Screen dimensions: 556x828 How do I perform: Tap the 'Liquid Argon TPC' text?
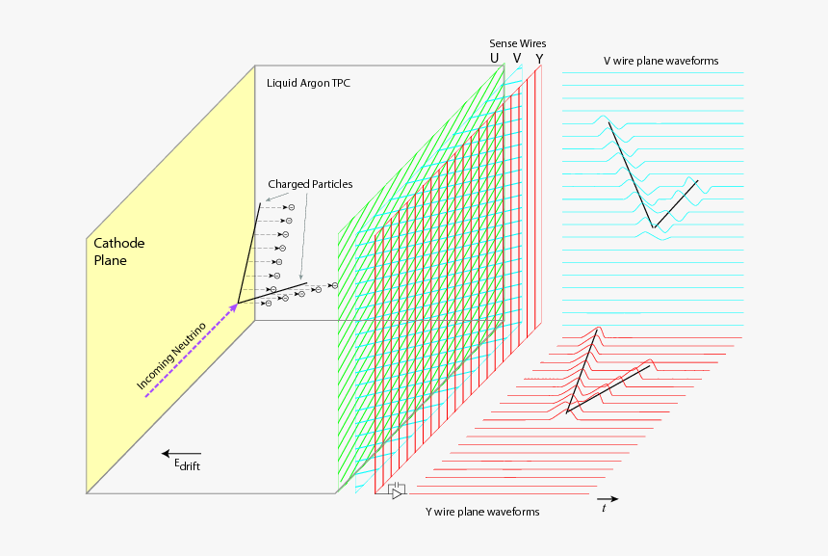(308, 84)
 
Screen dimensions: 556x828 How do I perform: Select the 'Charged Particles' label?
(310, 184)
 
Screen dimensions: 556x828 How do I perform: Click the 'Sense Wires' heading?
(518, 44)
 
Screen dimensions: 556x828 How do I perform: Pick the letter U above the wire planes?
(495, 59)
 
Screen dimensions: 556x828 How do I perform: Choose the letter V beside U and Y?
(517, 59)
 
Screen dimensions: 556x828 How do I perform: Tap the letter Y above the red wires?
(539, 59)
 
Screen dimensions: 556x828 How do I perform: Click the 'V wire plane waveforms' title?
(660, 61)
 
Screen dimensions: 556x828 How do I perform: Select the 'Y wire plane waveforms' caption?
(482, 512)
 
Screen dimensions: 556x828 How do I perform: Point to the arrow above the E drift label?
(181, 453)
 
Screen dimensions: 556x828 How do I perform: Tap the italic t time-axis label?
(604, 508)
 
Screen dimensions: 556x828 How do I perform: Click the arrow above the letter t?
(608, 498)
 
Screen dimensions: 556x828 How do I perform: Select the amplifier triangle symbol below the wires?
(396, 493)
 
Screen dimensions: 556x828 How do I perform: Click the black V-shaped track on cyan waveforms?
(653, 227)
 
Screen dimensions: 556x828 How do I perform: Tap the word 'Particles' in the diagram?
(330, 184)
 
